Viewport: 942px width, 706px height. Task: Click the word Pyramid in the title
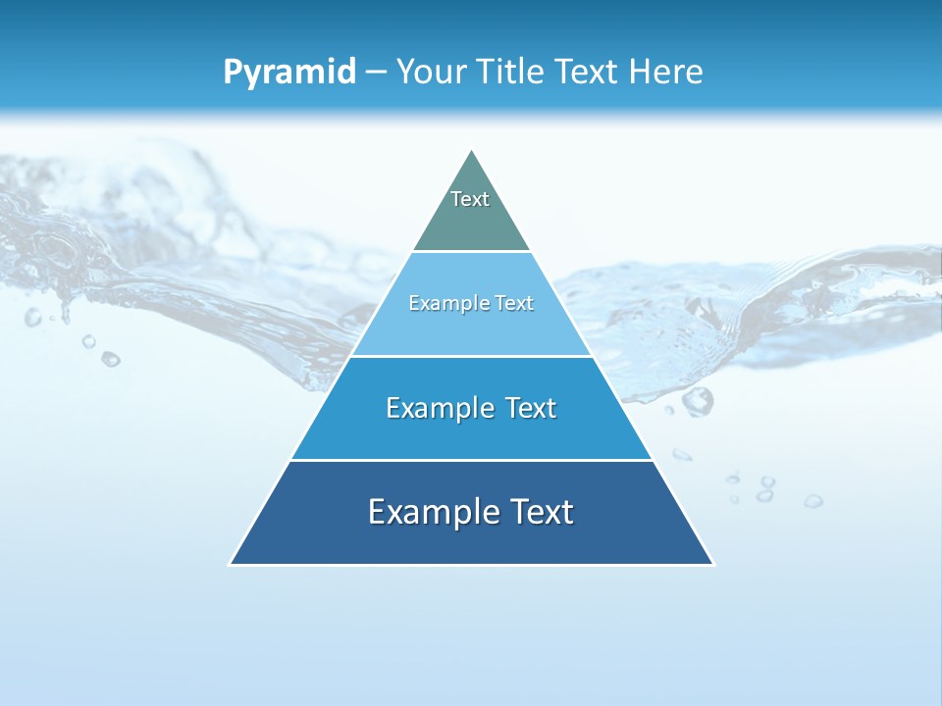tap(288, 73)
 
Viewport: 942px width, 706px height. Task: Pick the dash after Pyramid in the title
tap(375, 73)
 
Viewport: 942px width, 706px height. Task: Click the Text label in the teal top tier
tap(470, 199)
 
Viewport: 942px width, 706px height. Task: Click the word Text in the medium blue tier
tap(531, 408)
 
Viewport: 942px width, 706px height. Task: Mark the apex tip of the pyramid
tap(471, 151)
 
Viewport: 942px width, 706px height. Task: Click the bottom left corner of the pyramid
tap(231, 564)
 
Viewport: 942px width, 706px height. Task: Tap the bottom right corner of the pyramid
tap(712, 564)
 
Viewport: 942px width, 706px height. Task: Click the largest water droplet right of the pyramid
tap(697, 400)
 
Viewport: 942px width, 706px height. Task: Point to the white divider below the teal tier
tap(471, 252)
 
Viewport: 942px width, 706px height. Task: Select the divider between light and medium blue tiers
tap(471, 356)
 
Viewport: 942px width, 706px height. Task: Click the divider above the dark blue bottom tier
tap(471, 460)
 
